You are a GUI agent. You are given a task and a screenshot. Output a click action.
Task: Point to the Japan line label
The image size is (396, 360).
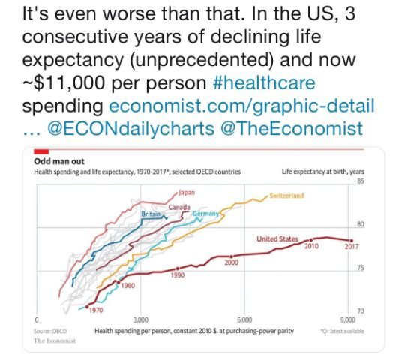coord(186,193)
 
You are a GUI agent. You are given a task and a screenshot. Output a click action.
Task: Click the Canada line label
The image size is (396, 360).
coord(178,206)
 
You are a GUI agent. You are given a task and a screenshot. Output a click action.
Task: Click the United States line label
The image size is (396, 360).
coord(278,238)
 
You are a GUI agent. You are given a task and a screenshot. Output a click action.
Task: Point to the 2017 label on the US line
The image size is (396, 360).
coord(351,247)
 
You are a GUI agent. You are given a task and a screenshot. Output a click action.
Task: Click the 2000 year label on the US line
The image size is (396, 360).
coord(231,262)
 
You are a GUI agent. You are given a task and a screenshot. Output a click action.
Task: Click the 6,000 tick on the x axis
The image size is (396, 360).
coord(244,320)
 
